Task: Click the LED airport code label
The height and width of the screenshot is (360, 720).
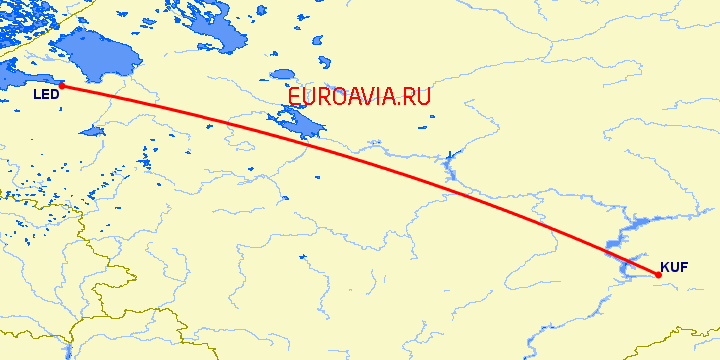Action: [45, 95]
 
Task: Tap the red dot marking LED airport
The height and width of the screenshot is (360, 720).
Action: [61, 86]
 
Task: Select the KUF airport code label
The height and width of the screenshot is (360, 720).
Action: [673, 267]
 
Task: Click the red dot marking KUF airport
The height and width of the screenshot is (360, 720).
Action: [657, 276]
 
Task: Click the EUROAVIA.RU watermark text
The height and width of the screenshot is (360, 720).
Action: [359, 97]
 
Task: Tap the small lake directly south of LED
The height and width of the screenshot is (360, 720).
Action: [93, 130]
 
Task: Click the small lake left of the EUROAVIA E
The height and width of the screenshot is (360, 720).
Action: [283, 75]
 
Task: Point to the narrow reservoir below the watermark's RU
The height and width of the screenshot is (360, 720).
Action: [449, 164]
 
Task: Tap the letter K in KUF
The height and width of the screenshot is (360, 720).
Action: [664, 267]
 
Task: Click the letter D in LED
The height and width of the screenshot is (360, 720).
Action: [54, 95]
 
